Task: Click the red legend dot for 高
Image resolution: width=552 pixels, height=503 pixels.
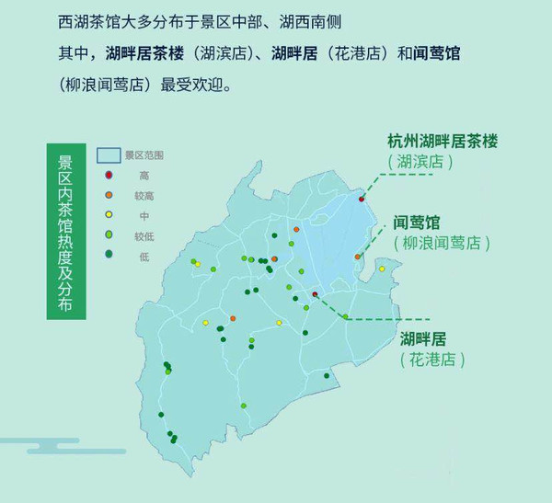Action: pyautogui.click(x=109, y=175)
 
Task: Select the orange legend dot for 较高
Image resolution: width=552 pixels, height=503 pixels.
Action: pyautogui.click(x=109, y=195)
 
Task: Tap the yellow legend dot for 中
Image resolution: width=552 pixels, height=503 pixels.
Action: pyautogui.click(x=109, y=215)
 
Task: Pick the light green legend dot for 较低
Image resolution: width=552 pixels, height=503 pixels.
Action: pyautogui.click(x=109, y=235)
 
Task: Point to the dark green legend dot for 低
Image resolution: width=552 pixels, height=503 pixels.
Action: pyautogui.click(x=109, y=255)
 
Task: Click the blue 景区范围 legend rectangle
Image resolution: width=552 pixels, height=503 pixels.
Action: pyautogui.click(x=110, y=154)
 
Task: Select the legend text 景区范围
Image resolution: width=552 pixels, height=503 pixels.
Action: pyautogui.click(x=144, y=154)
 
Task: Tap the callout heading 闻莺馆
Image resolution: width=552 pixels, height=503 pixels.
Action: pyautogui.click(x=417, y=223)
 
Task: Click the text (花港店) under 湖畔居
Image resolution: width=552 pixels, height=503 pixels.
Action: pyautogui.click(x=432, y=359)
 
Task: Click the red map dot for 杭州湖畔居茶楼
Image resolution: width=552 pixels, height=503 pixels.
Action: pyautogui.click(x=362, y=199)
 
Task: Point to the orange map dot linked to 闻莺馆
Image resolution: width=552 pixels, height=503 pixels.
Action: pyautogui.click(x=356, y=257)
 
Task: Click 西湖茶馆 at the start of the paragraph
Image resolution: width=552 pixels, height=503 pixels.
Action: pyautogui.click(x=75, y=19)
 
